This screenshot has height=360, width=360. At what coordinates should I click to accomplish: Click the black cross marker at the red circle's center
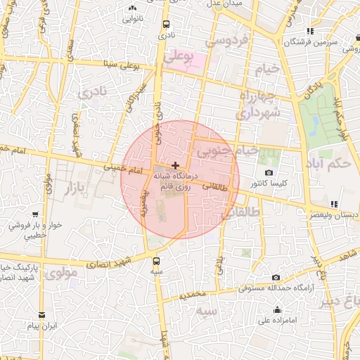[x=175, y=165]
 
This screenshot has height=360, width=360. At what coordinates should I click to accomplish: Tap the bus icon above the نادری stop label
[x=166, y=22]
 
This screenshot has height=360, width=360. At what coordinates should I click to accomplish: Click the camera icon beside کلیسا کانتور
[x=269, y=173]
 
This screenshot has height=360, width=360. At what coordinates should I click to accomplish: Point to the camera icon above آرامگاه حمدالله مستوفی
[x=276, y=277]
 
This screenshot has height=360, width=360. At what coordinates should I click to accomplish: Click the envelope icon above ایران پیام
[x=41, y=314]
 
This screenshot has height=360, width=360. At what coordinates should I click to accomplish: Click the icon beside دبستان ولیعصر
[x=333, y=204]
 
